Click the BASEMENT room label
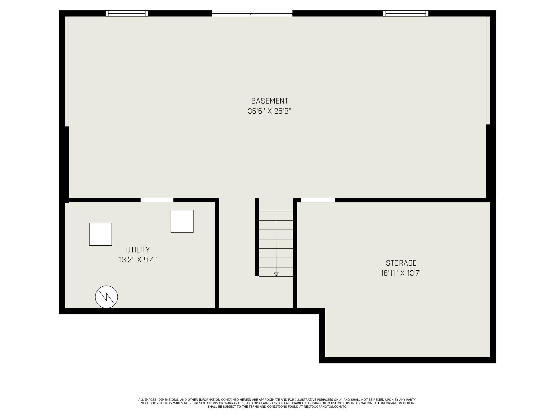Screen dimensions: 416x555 (x=269, y=101)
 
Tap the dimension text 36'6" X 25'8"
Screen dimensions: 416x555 (x=269, y=111)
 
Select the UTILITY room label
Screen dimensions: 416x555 (x=138, y=250)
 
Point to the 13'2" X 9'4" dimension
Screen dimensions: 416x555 (x=138, y=260)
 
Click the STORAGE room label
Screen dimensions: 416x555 (x=401, y=263)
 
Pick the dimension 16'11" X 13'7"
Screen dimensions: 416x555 (x=401, y=273)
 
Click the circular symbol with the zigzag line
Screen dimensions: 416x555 (x=106, y=297)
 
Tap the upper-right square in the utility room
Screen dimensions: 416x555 (x=182, y=221)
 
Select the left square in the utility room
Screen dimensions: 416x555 (x=100, y=234)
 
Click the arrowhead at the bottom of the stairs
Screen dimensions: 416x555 (x=276, y=274)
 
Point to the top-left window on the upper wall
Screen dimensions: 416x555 (x=127, y=13)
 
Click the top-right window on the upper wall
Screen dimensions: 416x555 (x=406, y=13)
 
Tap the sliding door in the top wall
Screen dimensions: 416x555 (x=252, y=13)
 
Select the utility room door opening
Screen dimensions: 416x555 (x=157, y=200)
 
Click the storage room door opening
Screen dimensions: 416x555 (x=318, y=200)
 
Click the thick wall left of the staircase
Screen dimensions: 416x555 (x=257, y=237)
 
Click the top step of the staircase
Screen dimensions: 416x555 (x=276, y=215)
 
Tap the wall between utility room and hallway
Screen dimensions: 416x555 (x=217, y=253)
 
